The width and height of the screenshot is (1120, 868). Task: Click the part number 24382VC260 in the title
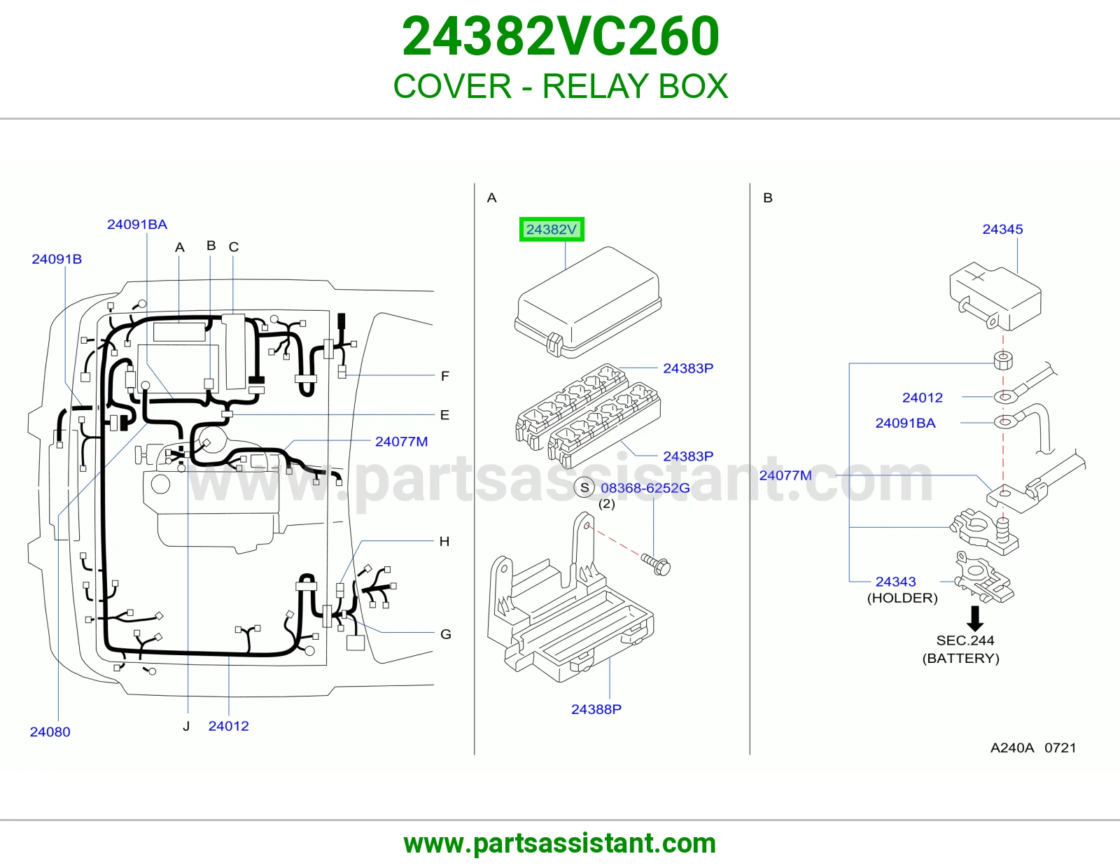[x=560, y=36]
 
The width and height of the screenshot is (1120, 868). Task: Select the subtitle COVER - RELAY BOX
[x=560, y=86]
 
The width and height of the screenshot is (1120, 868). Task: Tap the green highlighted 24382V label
[x=552, y=230]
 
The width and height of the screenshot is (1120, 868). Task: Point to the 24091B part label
[x=57, y=259]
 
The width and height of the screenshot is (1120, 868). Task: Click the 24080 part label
[x=50, y=731]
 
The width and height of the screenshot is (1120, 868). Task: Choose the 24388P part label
[x=596, y=709]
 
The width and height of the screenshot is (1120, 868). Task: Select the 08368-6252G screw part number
[x=645, y=488]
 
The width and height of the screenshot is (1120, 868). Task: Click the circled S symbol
[x=584, y=488]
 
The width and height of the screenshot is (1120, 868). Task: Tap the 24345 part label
[x=1002, y=230]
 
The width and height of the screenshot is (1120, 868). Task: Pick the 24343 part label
[x=896, y=582]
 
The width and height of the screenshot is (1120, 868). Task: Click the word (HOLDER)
[x=902, y=598]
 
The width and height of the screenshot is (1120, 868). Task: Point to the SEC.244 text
[x=965, y=640]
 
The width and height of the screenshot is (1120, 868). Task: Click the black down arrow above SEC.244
[x=974, y=619]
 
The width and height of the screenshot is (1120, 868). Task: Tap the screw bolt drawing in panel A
[x=656, y=564]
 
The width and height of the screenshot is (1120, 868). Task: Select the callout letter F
[x=445, y=377]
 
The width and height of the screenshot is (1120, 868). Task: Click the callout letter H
[x=444, y=541]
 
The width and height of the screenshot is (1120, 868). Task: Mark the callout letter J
[x=187, y=726]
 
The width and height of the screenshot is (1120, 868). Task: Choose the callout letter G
[x=446, y=634]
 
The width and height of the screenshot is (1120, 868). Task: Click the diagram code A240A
[x=1012, y=748]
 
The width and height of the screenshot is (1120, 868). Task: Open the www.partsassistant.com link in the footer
[x=560, y=843]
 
